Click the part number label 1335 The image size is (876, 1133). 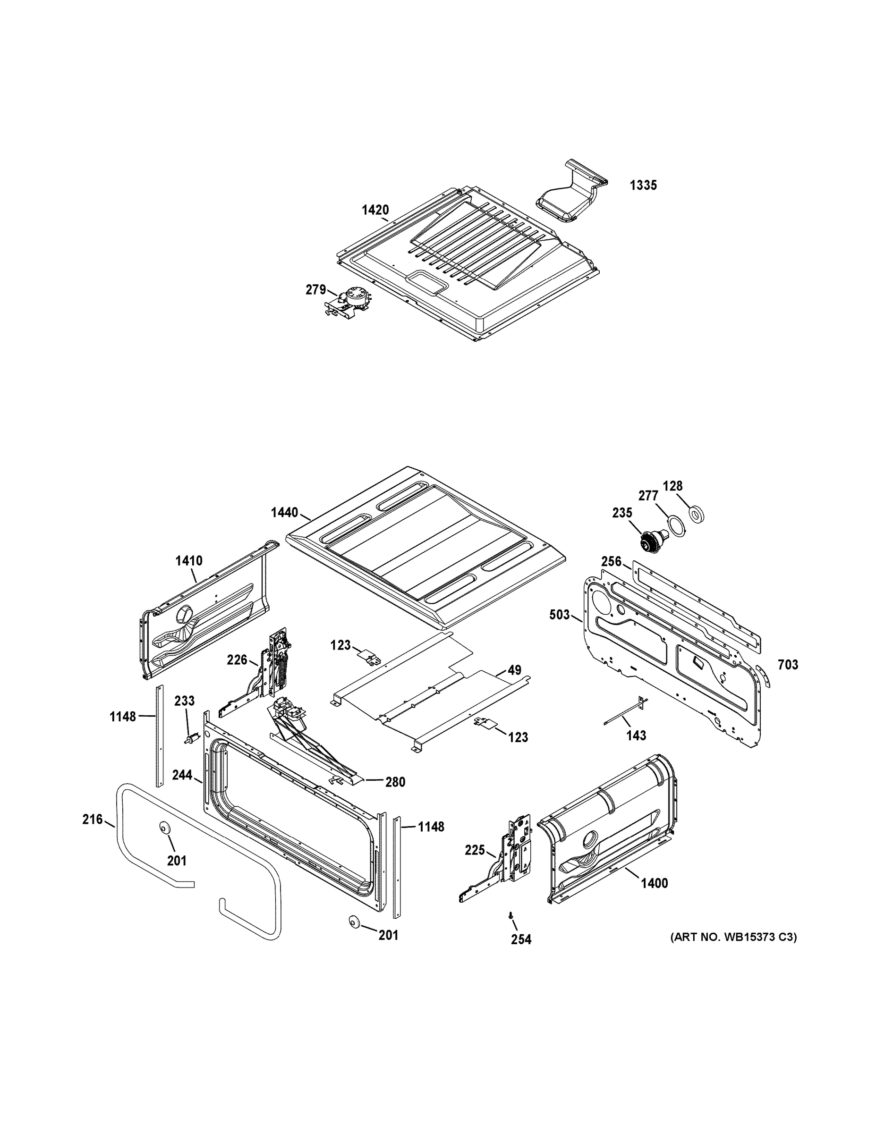(x=643, y=185)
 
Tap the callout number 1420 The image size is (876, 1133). (x=375, y=210)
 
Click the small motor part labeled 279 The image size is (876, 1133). (x=351, y=300)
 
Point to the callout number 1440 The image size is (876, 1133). (x=284, y=513)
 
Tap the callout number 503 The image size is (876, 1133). (x=560, y=615)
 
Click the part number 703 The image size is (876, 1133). (x=788, y=665)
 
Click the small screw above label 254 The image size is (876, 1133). (x=512, y=917)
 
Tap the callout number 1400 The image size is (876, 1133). (x=654, y=883)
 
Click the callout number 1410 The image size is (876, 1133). (x=189, y=561)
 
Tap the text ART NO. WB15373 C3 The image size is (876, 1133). (x=733, y=938)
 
